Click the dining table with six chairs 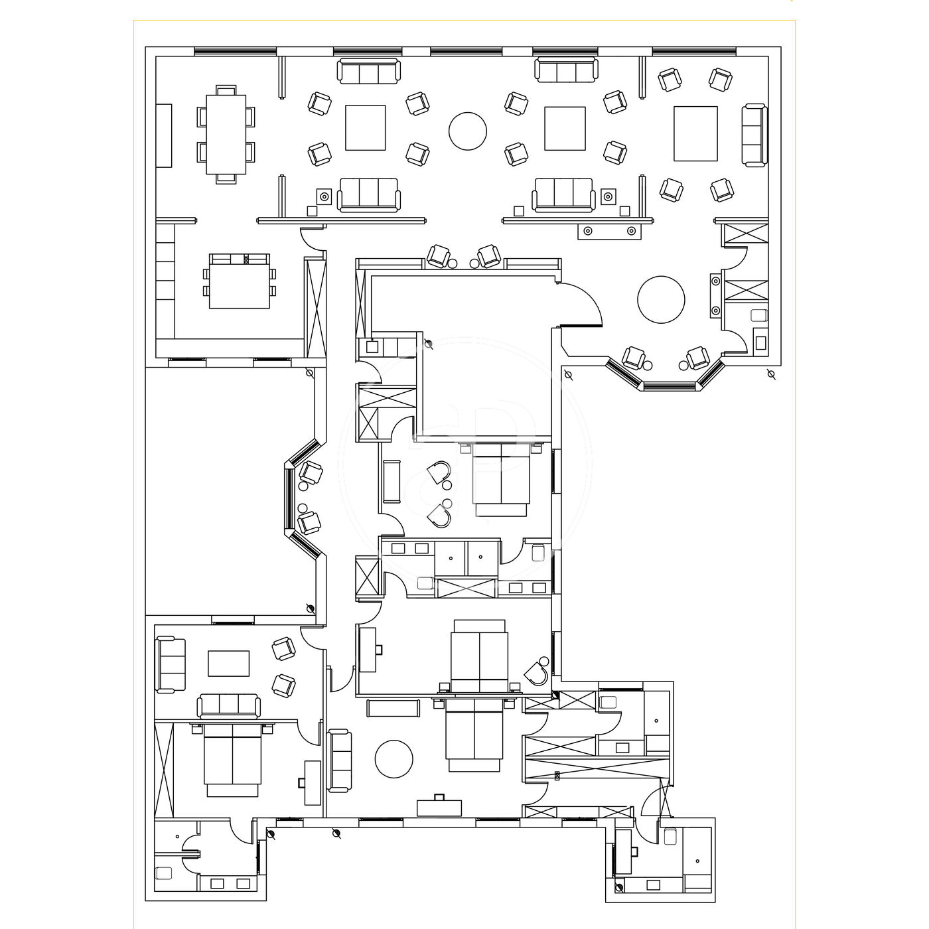(x=226, y=135)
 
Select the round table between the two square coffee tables (x=467, y=131)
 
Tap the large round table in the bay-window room (x=661, y=299)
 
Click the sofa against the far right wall (x=754, y=135)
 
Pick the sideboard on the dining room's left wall (x=164, y=135)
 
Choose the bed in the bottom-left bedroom (x=232, y=760)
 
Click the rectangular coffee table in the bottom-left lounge (x=228, y=663)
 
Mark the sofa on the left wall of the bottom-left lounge (x=170, y=664)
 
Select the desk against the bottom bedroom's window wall (x=439, y=807)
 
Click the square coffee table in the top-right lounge (x=695, y=133)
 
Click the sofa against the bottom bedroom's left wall (x=340, y=759)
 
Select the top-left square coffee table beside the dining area (x=365, y=127)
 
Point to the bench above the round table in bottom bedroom (x=393, y=708)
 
